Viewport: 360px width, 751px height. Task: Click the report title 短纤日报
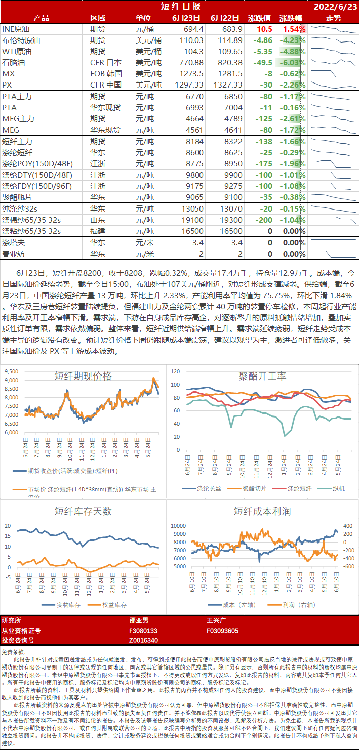[x=180, y=7]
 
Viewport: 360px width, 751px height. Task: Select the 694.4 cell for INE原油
[x=192, y=29]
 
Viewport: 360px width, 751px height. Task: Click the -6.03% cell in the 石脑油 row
[x=293, y=63]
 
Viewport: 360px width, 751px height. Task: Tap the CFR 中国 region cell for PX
[x=106, y=85]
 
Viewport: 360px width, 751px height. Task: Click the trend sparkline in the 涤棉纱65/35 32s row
[x=333, y=220]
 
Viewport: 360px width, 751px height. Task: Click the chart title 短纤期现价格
[x=83, y=376]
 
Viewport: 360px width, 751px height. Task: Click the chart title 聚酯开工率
[x=262, y=376]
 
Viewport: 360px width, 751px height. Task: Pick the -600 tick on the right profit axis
[x=349, y=566]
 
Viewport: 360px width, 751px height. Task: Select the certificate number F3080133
[x=144, y=631]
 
